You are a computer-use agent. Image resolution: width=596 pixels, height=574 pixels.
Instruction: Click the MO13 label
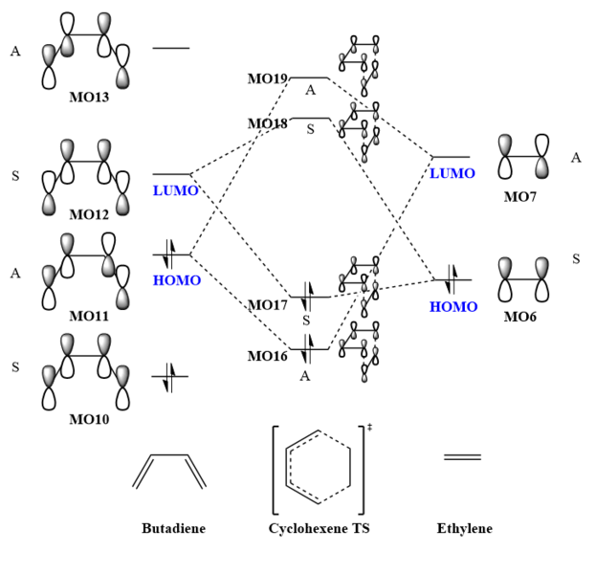[88, 98]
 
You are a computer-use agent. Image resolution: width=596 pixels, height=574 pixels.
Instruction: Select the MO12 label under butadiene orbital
[88, 214]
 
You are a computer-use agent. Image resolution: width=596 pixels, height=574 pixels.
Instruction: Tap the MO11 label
[88, 316]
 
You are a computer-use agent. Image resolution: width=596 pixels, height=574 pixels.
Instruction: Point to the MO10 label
[88, 418]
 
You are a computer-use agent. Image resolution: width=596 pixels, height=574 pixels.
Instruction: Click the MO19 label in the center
[268, 79]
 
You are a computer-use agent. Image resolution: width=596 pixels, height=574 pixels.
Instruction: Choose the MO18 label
[268, 124]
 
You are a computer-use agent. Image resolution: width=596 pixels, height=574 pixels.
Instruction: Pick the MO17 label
[268, 305]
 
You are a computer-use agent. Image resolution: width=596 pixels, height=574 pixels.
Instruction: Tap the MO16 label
[268, 356]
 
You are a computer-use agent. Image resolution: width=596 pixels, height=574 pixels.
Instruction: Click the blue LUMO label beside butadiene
[175, 191]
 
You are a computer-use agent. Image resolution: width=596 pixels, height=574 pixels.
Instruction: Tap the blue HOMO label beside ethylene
[453, 307]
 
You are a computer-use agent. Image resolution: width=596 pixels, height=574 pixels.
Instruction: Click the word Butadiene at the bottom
[173, 528]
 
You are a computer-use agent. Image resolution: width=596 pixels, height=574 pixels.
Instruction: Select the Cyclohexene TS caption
[320, 528]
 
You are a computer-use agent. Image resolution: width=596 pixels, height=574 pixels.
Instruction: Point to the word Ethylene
[464, 528]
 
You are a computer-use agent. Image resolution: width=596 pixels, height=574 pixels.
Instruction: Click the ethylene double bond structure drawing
[463, 456]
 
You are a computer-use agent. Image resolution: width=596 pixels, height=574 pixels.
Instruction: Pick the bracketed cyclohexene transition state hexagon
[319, 467]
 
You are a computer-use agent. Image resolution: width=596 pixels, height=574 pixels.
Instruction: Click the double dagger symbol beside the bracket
[369, 427]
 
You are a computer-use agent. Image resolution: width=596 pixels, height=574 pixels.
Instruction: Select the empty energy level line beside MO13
[170, 48]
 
